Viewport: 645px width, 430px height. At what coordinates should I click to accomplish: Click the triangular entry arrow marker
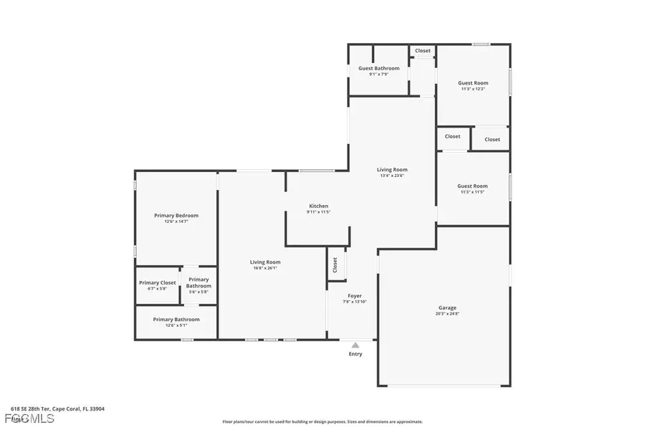click(x=355, y=345)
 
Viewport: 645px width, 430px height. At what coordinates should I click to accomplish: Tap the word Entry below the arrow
click(x=355, y=354)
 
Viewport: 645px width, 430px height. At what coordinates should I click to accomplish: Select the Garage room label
click(x=447, y=307)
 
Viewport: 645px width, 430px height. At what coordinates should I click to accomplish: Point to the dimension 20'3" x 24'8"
click(x=447, y=314)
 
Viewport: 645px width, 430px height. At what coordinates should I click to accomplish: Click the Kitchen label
click(x=318, y=206)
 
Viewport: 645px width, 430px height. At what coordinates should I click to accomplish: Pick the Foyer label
click(x=355, y=295)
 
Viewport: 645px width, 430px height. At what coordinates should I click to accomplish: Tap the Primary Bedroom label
click(x=176, y=215)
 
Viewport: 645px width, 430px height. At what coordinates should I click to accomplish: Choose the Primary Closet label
click(x=158, y=282)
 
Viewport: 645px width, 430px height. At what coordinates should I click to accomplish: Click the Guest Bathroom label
click(x=379, y=68)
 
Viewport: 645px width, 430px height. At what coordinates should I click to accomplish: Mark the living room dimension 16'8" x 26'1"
click(x=264, y=268)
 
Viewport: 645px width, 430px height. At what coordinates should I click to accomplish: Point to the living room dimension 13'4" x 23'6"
click(x=392, y=176)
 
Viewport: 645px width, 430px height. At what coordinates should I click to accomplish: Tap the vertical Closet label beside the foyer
click(x=335, y=264)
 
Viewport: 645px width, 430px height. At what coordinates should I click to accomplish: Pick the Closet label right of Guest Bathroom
click(x=423, y=51)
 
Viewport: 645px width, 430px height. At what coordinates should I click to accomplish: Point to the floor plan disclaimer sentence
click(x=322, y=422)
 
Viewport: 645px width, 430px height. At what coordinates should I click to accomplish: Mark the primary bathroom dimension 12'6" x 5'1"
click(x=176, y=325)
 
